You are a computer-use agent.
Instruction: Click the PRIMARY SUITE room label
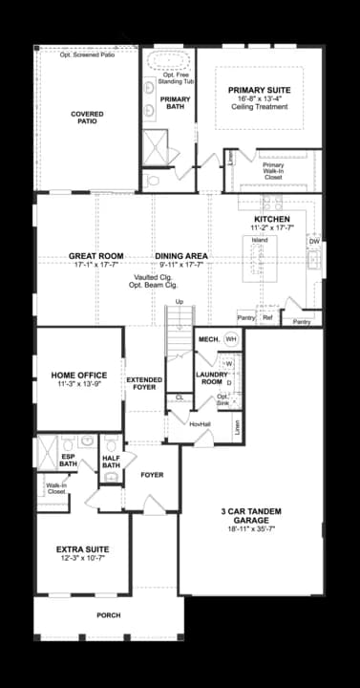tap(259, 90)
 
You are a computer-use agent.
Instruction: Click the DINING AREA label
tap(181, 256)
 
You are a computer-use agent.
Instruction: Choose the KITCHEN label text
tap(272, 219)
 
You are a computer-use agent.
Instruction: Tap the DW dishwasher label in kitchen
tap(314, 242)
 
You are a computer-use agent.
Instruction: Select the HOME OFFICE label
tap(79, 375)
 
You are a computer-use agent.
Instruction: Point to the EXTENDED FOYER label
tap(145, 384)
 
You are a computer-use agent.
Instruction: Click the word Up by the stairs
tap(179, 303)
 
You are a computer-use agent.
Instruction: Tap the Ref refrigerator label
tap(267, 317)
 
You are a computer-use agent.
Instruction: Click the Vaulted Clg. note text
tap(153, 276)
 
